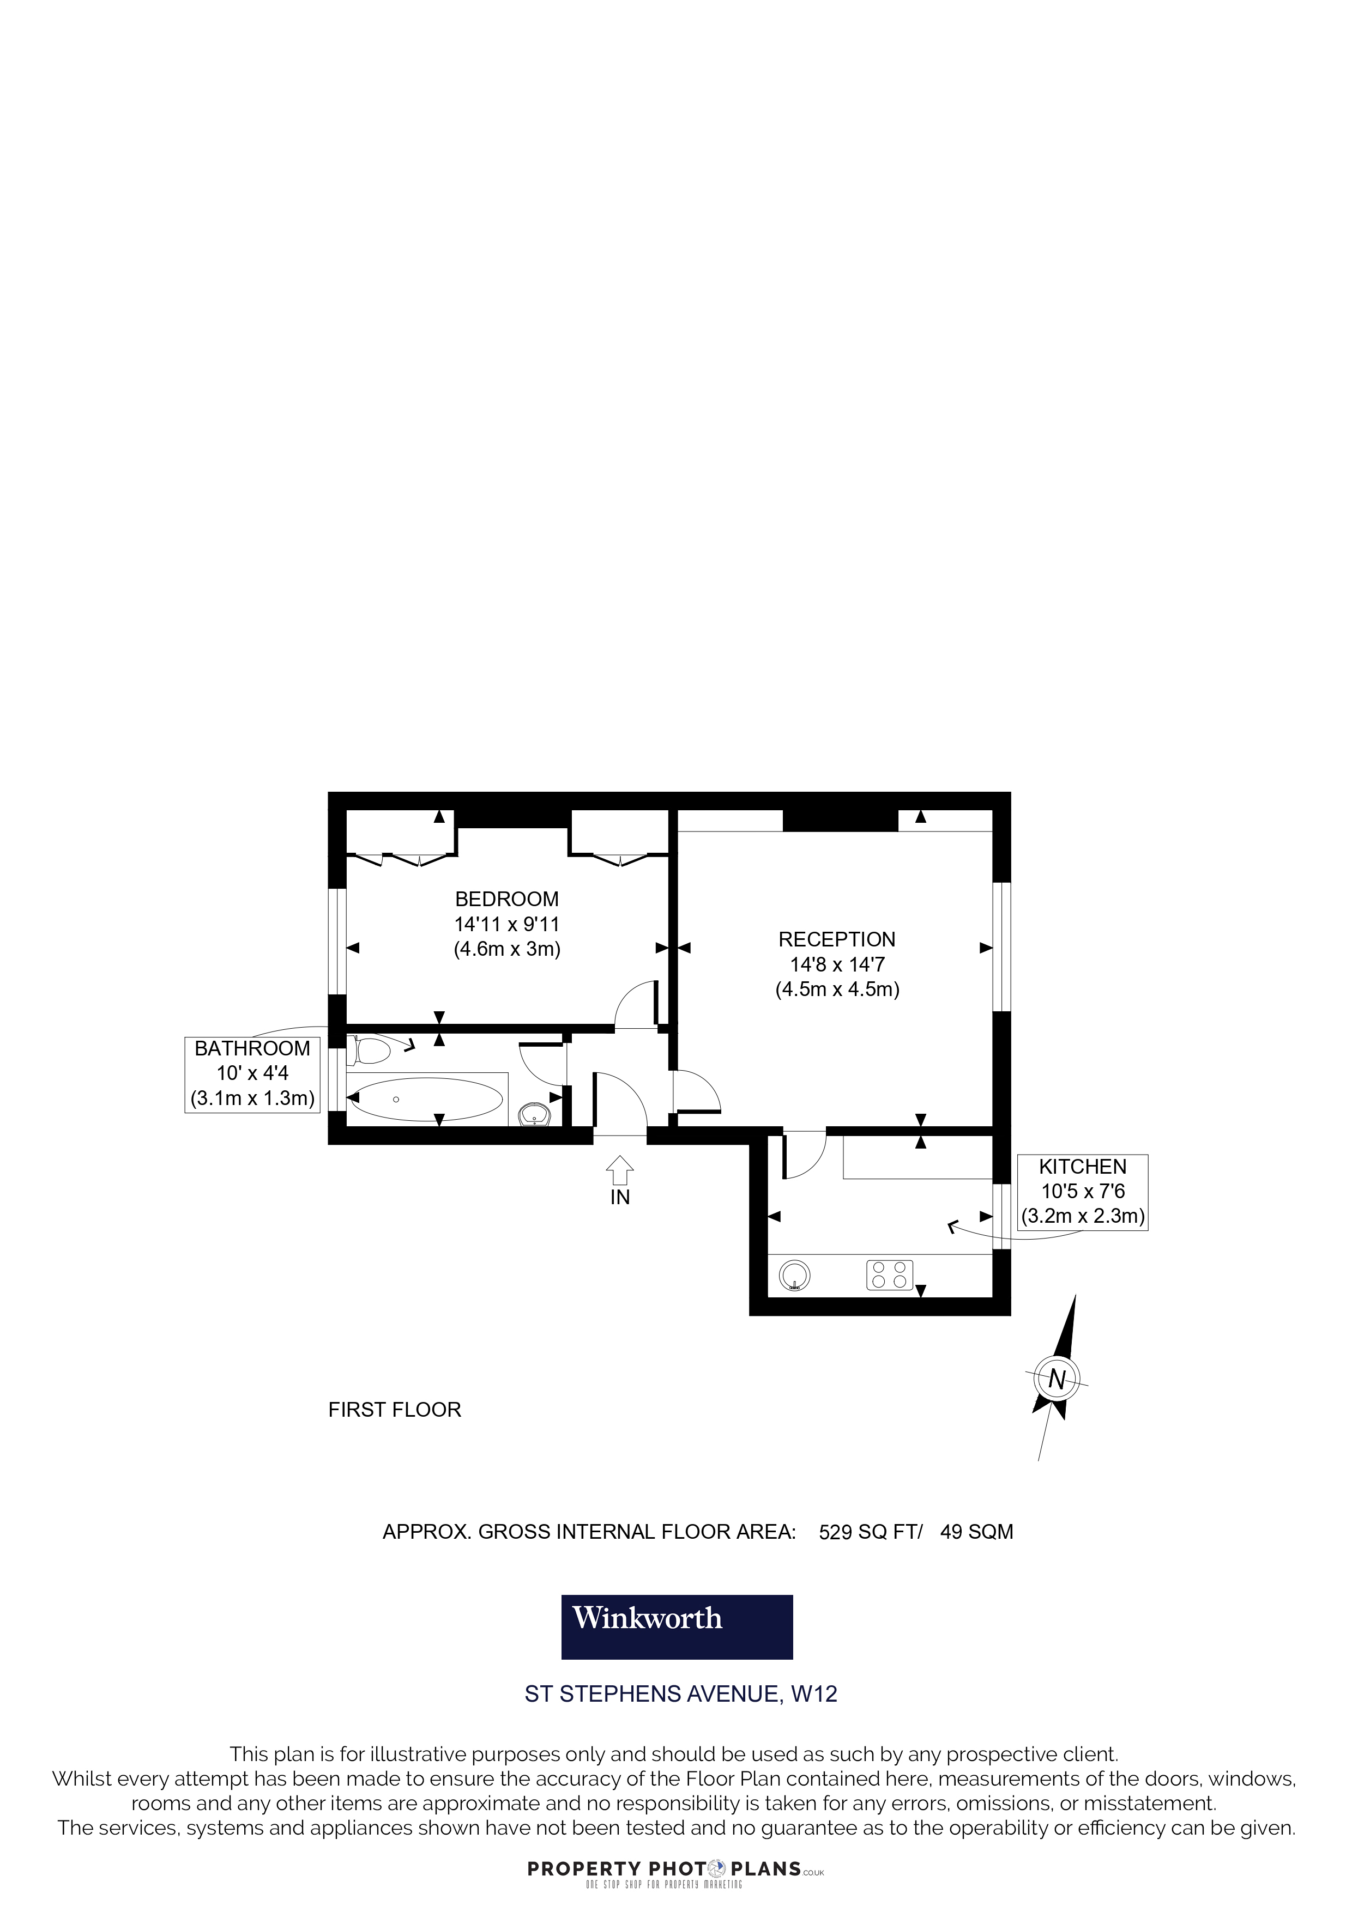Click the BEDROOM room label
click(x=506, y=900)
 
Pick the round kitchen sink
click(x=794, y=1275)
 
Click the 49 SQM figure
click(x=976, y=1532)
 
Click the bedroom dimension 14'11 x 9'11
click(x=506, y=924)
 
